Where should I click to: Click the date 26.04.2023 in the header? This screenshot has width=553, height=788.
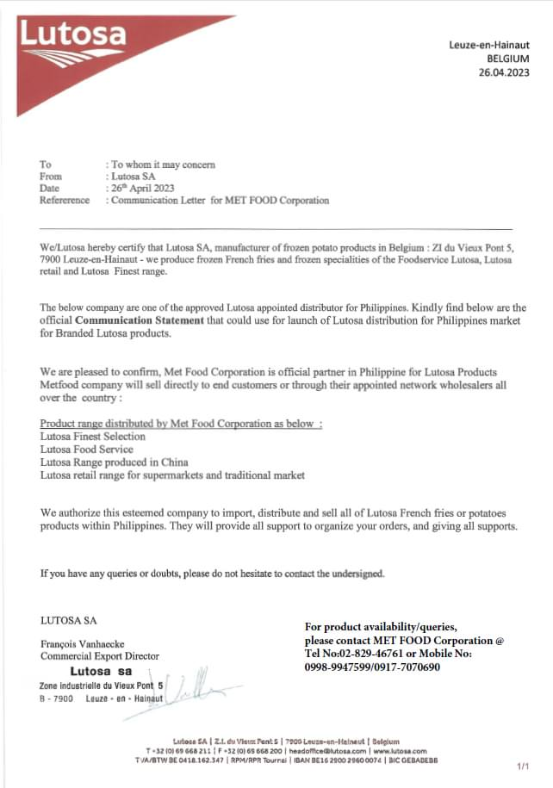pos(506,72)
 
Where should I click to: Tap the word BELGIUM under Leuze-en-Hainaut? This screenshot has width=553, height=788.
pos(507,59)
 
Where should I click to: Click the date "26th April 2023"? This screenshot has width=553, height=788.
pos(143,188)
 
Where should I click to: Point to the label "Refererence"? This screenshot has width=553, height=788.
pos(65,201)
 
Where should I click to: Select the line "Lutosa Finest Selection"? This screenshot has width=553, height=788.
pos(93,437)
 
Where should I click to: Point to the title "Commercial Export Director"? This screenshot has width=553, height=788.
pos(100,656)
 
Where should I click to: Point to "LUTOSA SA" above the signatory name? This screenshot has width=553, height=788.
pos(68,619)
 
